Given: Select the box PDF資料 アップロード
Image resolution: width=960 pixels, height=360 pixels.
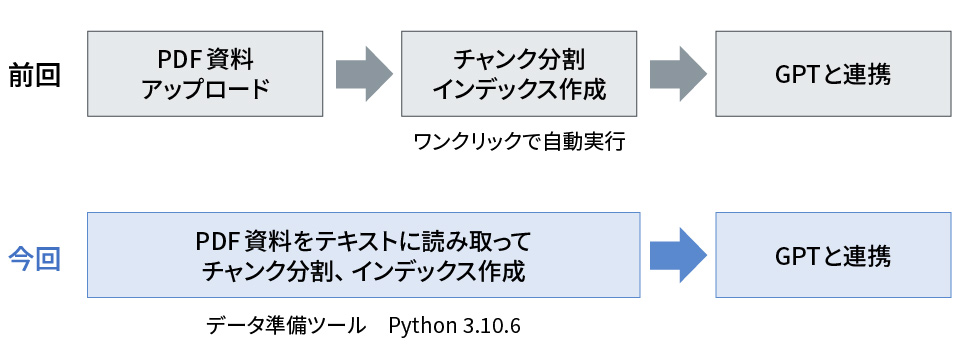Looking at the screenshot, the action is (x=205, y=74).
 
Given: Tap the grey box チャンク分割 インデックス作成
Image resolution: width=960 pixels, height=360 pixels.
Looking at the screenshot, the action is (x=518, y=74).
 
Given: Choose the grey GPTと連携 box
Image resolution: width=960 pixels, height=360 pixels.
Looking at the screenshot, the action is (x=833, y=74).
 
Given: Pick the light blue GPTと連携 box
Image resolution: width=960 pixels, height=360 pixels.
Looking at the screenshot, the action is (x=833, y=256).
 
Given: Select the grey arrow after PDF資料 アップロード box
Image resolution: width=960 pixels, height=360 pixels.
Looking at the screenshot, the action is (x=363, y=74).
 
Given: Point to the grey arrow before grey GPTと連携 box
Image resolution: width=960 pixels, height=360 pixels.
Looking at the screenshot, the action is (x=678, y=74).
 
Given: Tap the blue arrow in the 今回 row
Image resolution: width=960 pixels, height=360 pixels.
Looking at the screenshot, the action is (x=678, y=256).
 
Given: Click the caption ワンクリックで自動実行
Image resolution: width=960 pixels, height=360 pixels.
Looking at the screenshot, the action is (x=518, y=141).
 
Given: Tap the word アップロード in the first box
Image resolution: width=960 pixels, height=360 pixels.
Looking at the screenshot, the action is (x=205, y=89).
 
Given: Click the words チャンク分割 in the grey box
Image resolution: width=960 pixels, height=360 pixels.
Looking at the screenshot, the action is (x=518, y=58).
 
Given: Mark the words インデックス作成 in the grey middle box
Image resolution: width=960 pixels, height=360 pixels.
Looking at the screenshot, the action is (x=518, y=89).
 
